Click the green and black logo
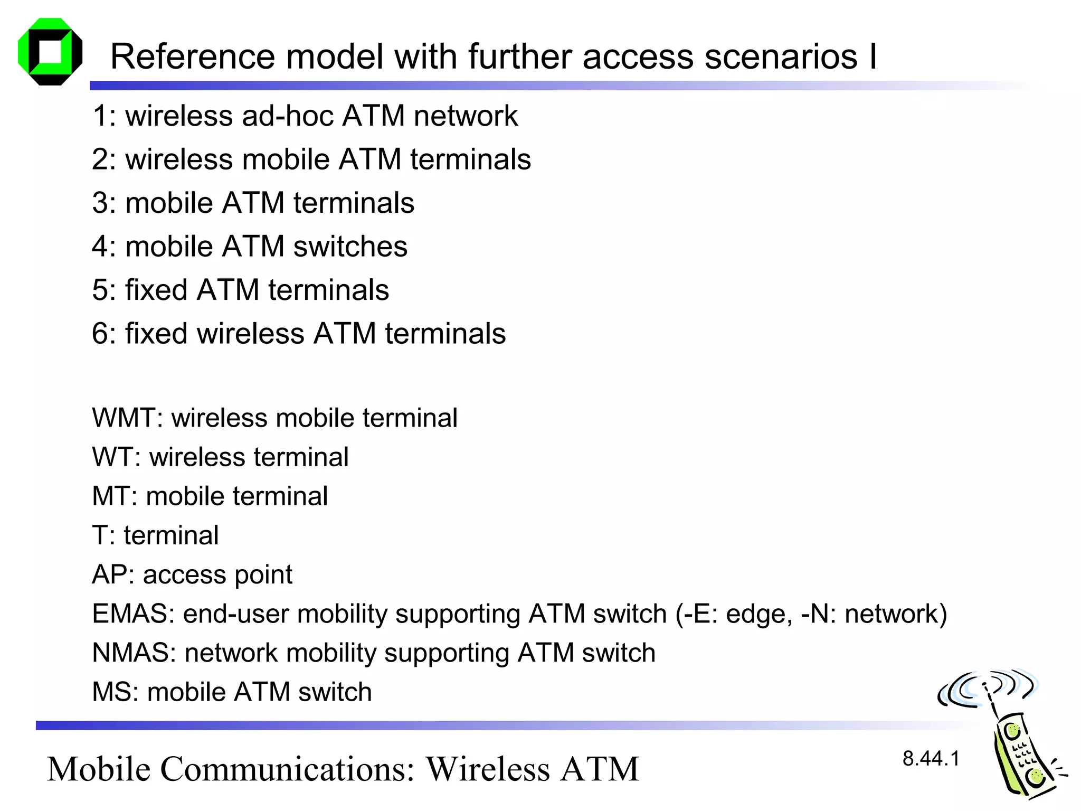[x=50, y=51]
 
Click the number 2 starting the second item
[x=100, y=159]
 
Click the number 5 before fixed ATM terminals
[x=100, y=290]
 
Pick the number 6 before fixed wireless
[x=100, y=334]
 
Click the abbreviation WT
[x=115, y=457]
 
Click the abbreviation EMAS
[x=132, y=614]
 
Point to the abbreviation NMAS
[x=133, y=653]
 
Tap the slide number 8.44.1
[x=931, y=759]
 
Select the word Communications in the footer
[x=287, y=769]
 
